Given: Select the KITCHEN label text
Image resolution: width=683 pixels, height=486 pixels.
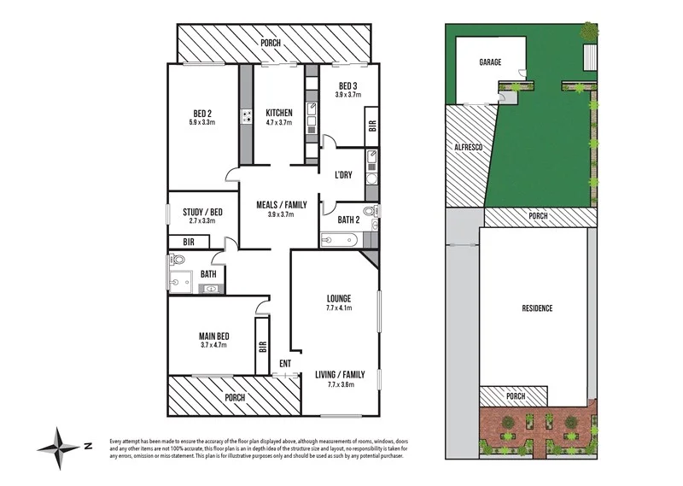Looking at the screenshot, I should pyautogui.click(x=279, y=113).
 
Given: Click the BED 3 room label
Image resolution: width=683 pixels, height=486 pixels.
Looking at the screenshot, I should pyautogui.click(x=347, y=85).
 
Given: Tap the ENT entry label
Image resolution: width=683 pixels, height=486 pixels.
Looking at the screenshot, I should pyautogui.click(x=284, y=363).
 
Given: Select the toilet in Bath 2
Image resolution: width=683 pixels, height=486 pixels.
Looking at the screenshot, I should pyautogui.click(x=369, y=211).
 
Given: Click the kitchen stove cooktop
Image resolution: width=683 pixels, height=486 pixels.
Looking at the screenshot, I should pyautogui.click(x=247, y=117).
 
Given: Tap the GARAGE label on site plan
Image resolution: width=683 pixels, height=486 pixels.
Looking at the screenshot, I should pyautogui.click(x=489, y=62).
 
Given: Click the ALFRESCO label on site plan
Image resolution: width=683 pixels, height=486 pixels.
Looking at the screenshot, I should pyautogui.click(x=467, y=148).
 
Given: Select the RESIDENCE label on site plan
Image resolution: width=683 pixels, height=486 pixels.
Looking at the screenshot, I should pyautogui.click(x=537, y=308).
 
